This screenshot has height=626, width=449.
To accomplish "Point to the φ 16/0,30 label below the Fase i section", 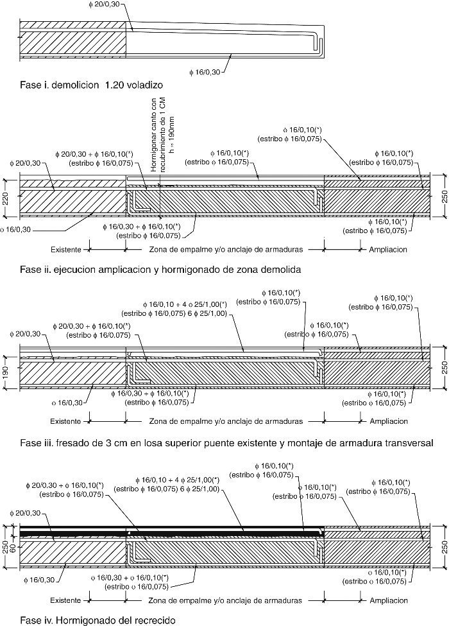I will point(204,72).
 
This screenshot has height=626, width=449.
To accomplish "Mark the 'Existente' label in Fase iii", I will point(67,422).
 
